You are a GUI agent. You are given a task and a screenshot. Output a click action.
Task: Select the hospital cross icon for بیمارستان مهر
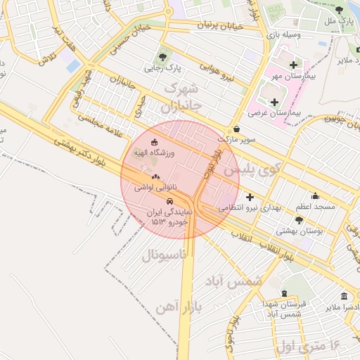click(292, 65)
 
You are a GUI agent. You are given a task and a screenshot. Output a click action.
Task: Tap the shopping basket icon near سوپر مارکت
click(236, 129)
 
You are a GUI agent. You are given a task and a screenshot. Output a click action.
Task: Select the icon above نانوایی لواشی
click(155, 177)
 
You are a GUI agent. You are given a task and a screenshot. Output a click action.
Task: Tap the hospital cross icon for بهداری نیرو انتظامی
click(249, 197)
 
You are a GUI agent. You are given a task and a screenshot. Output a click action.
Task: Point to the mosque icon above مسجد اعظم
click(314, 196)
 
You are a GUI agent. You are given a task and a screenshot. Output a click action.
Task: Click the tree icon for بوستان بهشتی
click(300, 219)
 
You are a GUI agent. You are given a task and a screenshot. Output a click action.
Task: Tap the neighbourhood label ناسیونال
click(164, 255)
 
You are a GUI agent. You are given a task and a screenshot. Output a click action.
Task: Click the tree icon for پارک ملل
click(339, 10)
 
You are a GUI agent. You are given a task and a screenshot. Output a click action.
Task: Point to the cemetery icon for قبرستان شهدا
click(283, 293)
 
